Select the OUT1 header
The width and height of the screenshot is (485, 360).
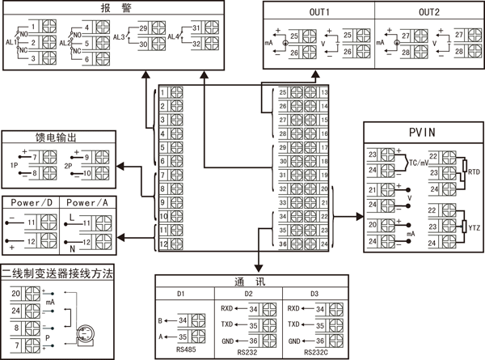pos(321,12)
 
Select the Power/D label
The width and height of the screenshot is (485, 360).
pos(32,201)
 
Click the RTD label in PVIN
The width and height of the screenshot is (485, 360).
pos(474,172)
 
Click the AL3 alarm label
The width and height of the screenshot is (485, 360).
pos(119,36)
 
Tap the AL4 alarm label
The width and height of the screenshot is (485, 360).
pos(172,36)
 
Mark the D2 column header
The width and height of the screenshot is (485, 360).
pos(251,293)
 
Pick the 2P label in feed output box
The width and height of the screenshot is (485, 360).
pos(69,165)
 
